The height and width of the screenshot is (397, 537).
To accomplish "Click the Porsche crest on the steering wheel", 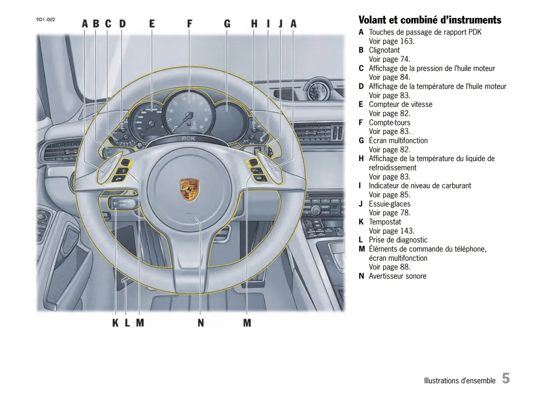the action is (x=189, y=189).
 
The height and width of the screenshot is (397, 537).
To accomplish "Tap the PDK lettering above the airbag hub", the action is (x=188, y=139).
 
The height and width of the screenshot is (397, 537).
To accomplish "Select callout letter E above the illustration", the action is (x=152, y=23).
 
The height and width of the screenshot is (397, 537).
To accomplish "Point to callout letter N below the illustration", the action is (x=201, y=323).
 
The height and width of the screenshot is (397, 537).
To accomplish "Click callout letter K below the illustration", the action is (x=115, y=323).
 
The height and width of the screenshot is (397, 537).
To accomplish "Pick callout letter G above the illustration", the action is (x=227, y=23).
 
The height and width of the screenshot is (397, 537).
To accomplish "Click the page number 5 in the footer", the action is (x=506, y=378).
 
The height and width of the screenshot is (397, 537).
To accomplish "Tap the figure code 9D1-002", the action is (x=45, y=20).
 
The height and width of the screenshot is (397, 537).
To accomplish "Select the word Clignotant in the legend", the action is (x=384, y=50).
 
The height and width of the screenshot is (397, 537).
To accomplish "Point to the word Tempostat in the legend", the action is (x=385, y=222).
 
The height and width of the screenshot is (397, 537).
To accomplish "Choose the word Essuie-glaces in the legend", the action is (x=390, y=204).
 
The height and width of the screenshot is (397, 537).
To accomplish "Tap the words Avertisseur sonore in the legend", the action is (x=397, y=276).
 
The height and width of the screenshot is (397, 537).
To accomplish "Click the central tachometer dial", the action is (x=188, y=113).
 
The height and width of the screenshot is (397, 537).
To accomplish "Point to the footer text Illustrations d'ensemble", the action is (x=459, y=380).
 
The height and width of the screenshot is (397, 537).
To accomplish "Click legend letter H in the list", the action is (x=361, y=159).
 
